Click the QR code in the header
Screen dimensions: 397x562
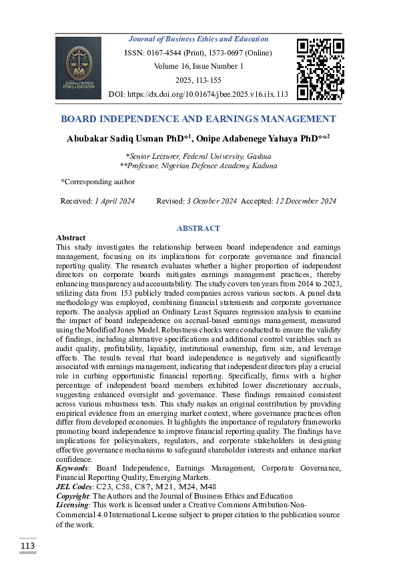[x=320, y=69]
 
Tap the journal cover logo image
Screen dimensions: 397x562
[x=78, y=68]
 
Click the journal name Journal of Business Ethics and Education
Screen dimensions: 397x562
[x=198, y=39]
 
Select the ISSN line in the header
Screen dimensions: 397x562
[x=199, y=53]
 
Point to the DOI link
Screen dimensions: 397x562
[x=198, y=95]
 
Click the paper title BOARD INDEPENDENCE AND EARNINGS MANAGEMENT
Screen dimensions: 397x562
[x=198, y=119]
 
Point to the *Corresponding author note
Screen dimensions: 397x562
[x=97, y=182]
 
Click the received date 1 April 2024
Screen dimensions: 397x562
[x=114, y=201]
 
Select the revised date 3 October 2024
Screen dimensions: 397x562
[x=212, y=201]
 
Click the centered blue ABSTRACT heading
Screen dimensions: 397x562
[x=198, y=228]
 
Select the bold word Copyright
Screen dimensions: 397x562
[x=73, y=496]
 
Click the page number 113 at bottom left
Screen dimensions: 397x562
[x=27, y=547]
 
